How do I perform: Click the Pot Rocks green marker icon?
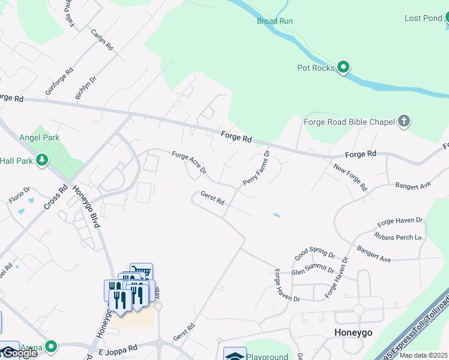coord(343,67)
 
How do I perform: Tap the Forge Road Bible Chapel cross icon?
coord(404,122)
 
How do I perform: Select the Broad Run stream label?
coord(275,21)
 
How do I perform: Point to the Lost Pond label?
coord(423,18)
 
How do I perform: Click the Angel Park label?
coord(40,137)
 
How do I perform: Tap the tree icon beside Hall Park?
coord(42,160)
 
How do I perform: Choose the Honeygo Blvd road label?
coord(86,205)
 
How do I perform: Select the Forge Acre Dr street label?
coord(189,163)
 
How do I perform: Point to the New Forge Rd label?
coord(351,178)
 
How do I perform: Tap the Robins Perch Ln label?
coord(397,238)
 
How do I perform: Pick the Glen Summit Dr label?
coord(313,269)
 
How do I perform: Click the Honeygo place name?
coord(353,332)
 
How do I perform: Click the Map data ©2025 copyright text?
coord(423,355)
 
